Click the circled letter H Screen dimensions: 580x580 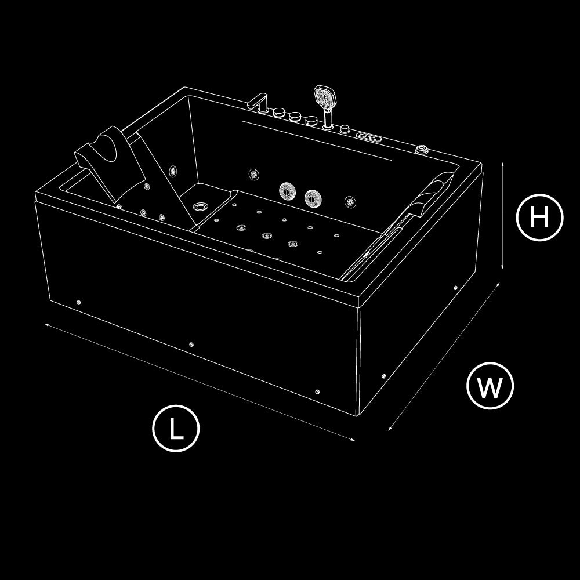[x=539, y=217]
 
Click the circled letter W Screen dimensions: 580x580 [x=490, y=386]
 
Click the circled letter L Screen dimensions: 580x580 [x=176, y=429]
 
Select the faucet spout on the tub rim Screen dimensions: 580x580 [x=258, y=101]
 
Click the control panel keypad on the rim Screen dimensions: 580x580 [x=368, y=137]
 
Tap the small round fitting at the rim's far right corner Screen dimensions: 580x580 [x=421, y=150]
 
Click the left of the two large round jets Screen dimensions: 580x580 [x=287, y=190]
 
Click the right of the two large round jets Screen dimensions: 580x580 [x=313, y=198]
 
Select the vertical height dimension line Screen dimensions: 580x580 [x=502, y=216]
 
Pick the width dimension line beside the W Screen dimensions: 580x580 [x=444, y=357]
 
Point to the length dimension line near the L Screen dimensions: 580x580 [x=200, y=382]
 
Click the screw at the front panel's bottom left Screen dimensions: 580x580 [x=78, y=302]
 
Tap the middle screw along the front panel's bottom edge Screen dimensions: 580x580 [x=191, y=345]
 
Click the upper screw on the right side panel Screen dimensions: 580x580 [x=455, y=288]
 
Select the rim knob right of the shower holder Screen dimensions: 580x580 [x=345, y=129]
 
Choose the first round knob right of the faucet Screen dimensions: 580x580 [x=279, y=112]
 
